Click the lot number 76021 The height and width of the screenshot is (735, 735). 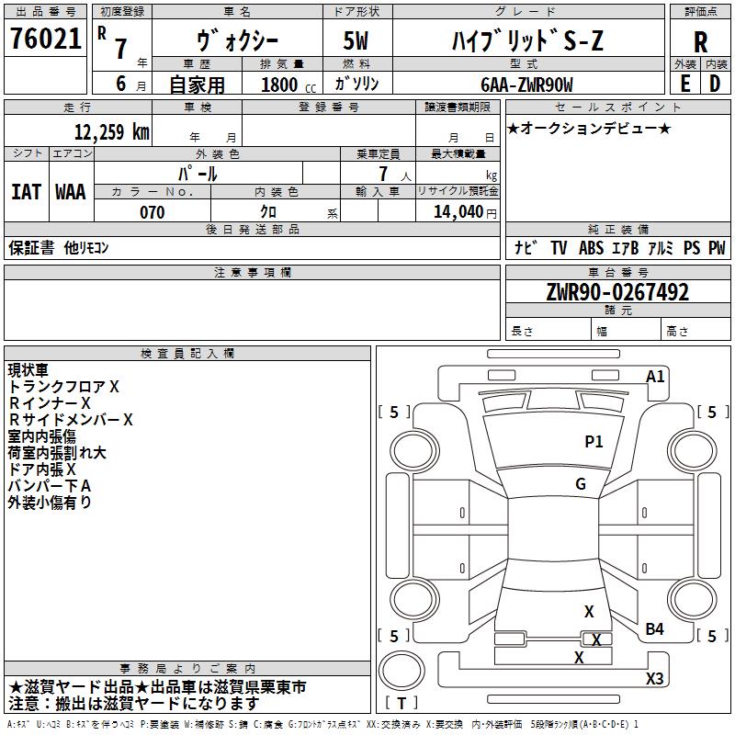45,39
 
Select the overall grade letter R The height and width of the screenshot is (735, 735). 700,42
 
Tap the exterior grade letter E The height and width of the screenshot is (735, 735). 685,84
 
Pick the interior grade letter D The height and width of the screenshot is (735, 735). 715,84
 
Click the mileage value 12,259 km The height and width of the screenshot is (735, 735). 111,132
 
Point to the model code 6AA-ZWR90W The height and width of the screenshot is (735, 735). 526,85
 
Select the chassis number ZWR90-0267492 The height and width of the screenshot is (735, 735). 617,292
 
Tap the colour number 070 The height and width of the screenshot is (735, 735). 153,212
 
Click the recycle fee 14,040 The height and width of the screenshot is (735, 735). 458,212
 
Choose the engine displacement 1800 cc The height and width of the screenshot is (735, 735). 288,85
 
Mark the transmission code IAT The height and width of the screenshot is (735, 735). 27,192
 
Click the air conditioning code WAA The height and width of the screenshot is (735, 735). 71,192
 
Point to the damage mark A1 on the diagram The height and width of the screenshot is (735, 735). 655,377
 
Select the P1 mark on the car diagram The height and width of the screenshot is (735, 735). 594,442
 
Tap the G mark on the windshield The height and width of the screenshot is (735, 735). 581,484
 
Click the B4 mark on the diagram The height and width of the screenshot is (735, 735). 654,628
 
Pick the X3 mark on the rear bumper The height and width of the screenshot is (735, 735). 654,678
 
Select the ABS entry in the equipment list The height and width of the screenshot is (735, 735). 591,248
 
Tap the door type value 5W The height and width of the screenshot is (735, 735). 356,40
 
